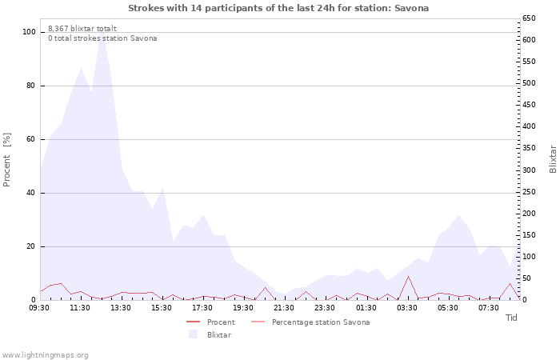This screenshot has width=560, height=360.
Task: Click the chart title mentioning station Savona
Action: [x=278, y=8]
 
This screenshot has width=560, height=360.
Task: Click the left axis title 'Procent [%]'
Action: [x=7, y=160]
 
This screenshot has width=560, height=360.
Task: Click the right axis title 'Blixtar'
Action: [x=553, y=158]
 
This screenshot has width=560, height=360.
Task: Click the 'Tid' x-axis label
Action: [x=512, y=318]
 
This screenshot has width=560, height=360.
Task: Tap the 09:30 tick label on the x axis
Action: [x=40, y=307]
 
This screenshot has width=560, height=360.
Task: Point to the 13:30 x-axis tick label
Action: [x=121, y=307]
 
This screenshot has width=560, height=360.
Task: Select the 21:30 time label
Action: [x=284, y=307]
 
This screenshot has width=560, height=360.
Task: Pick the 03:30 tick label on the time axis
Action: [x=406, y=307]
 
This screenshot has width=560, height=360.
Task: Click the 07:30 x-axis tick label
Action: [x=488, y=307]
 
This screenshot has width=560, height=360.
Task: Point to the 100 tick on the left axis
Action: [x=29, y=32]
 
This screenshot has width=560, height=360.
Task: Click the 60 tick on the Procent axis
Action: [x=31, y=139]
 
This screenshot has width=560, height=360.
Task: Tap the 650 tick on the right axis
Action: [x=530, y=18]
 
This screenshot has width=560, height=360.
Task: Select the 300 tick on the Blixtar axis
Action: [x=530, y=170]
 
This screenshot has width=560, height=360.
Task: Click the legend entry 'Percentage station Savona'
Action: [x=320, y=322]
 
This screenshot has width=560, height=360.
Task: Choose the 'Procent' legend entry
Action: [x=221, y=322]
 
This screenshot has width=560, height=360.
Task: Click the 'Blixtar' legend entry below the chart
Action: [x=218, y=334]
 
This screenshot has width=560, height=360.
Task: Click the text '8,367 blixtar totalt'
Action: [x=82, y=28]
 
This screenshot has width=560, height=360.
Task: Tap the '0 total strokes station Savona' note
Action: [x=102, y=38]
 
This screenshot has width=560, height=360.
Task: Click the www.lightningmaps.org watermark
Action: [x=45, y=354]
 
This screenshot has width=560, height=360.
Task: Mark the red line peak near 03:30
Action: [x=408, y=277]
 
